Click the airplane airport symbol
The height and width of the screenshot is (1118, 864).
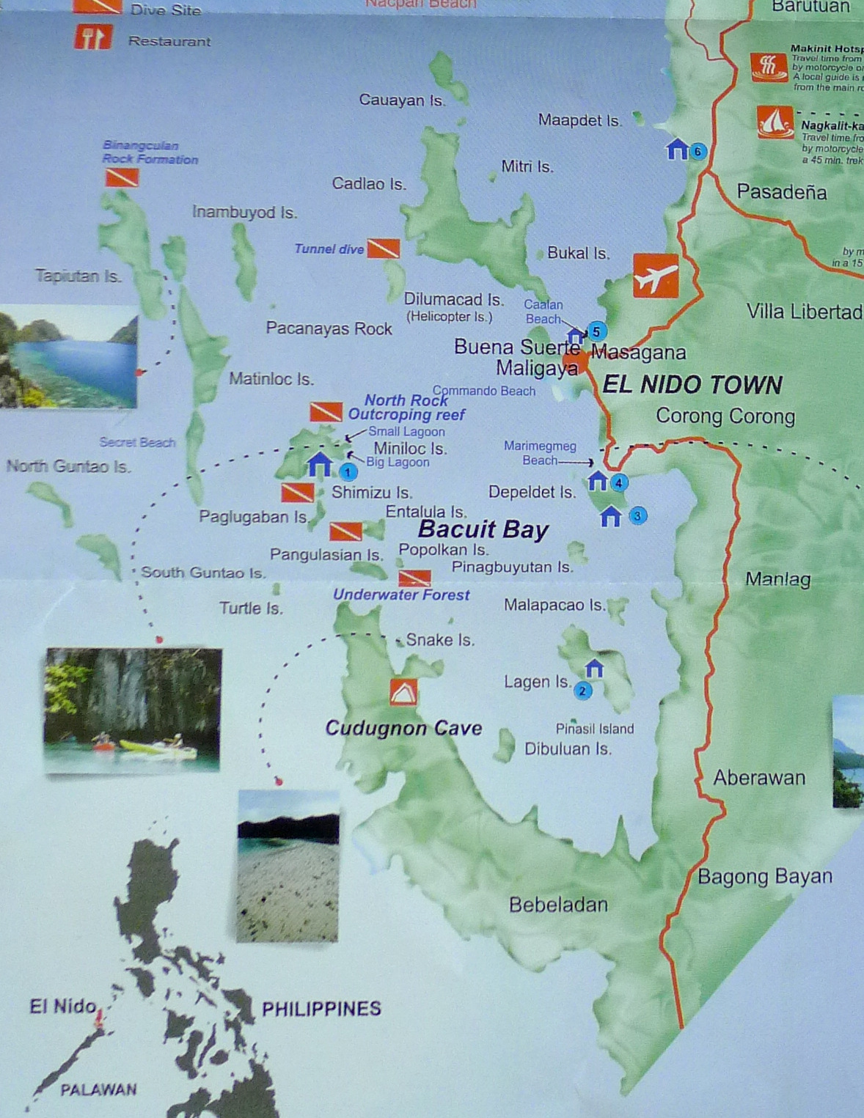(656, 276)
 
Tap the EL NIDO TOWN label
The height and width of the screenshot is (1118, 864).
(692, 385)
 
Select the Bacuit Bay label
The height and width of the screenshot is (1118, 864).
(483, 529)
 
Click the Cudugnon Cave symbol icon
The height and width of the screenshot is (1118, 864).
(403, 691)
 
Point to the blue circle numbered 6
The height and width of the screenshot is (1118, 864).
(698, 151)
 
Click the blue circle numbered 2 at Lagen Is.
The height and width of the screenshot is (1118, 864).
(582, 691)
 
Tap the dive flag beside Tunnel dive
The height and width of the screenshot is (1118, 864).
(383, 249)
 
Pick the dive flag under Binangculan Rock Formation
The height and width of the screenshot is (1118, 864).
(122, 177)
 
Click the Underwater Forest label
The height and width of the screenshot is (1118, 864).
(401, 595)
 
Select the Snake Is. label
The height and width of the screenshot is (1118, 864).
(440, 640)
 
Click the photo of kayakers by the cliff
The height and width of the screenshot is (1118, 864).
(132, 710)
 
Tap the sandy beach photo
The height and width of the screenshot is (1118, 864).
(288, 866)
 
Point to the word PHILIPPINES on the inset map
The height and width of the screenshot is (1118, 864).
(321, 1009)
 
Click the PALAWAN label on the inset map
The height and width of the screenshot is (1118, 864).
(98, 1090)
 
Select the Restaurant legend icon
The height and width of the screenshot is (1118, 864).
(93, 37)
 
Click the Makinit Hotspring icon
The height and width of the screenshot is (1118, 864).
(768, 67)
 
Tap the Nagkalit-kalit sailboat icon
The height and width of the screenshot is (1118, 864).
(775, 123)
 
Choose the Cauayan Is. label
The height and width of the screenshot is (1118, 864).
(402, 100)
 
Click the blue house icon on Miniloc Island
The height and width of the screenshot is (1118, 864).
(319, 465)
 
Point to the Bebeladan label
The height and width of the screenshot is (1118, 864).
(558, 905)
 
